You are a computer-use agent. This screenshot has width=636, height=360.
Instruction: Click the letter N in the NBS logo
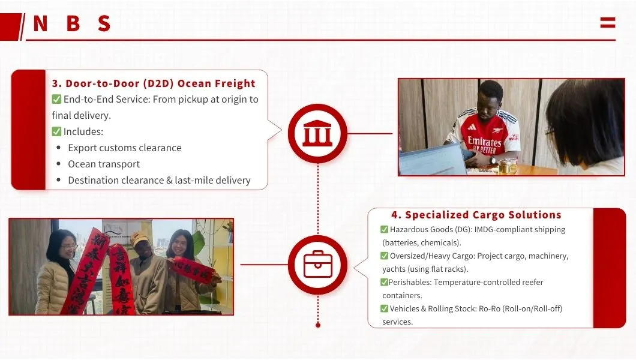[x=40, y=23]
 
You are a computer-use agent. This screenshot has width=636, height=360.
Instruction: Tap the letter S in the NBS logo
[x=104, y=23]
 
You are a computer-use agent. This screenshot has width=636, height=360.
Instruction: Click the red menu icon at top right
[x=607, y=23]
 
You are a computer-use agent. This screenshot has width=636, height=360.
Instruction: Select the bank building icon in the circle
[x=317, y=134]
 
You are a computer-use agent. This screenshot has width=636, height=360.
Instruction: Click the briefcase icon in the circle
[x=317, y=264]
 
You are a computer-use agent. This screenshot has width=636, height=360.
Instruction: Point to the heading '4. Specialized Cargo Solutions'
[x=476, y=215]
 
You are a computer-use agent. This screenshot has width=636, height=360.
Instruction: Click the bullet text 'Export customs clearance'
[x=124, y=148]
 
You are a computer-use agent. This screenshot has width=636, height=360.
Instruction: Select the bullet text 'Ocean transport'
[x=104, y=164]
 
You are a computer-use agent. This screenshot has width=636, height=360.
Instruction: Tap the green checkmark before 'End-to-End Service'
[x=56, y=100]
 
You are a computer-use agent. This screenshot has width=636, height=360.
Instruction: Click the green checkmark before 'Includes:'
[x=56, y=131]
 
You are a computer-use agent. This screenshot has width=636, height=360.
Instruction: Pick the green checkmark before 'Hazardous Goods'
[x=384, y=229]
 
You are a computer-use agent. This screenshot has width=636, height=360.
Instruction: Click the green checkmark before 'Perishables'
[x=384, y=282]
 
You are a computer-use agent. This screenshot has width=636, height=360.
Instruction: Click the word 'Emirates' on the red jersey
[x=484, y=142]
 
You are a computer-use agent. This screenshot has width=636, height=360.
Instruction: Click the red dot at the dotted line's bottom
[x=317, y=325]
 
